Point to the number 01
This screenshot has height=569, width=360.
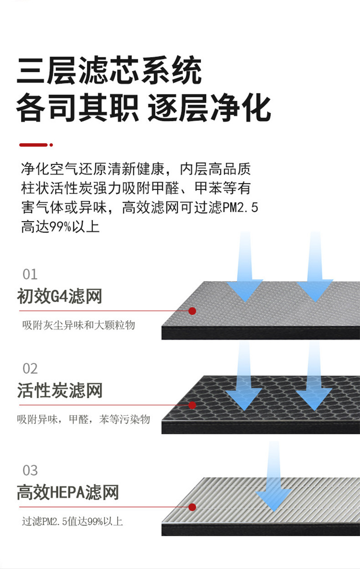click(x=30, y=274)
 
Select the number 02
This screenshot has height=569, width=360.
click(x=30, y=368)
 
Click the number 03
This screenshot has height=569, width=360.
click(x=30, y=470)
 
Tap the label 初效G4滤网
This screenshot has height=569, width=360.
click(x=59, y=296)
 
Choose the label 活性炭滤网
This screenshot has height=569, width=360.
click(x=60, y=391)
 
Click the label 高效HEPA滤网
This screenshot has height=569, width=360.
click(x=68, y=492)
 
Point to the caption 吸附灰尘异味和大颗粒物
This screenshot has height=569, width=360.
click(x=78, y=326)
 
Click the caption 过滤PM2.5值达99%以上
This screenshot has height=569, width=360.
click(x=72, y=521)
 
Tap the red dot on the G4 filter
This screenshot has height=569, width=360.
click(x=192, y=311)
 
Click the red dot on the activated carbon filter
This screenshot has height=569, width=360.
click(x=192, y=405)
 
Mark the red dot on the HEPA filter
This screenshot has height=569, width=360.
click(x=192, y=507)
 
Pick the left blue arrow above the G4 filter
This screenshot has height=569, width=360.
click(x=245, y=274)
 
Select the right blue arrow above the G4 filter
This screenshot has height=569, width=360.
click(x=315, y=274)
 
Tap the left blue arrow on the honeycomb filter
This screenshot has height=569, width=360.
click(x=245, y=383)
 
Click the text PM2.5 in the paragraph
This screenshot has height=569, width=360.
click(x=240, y=208)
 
